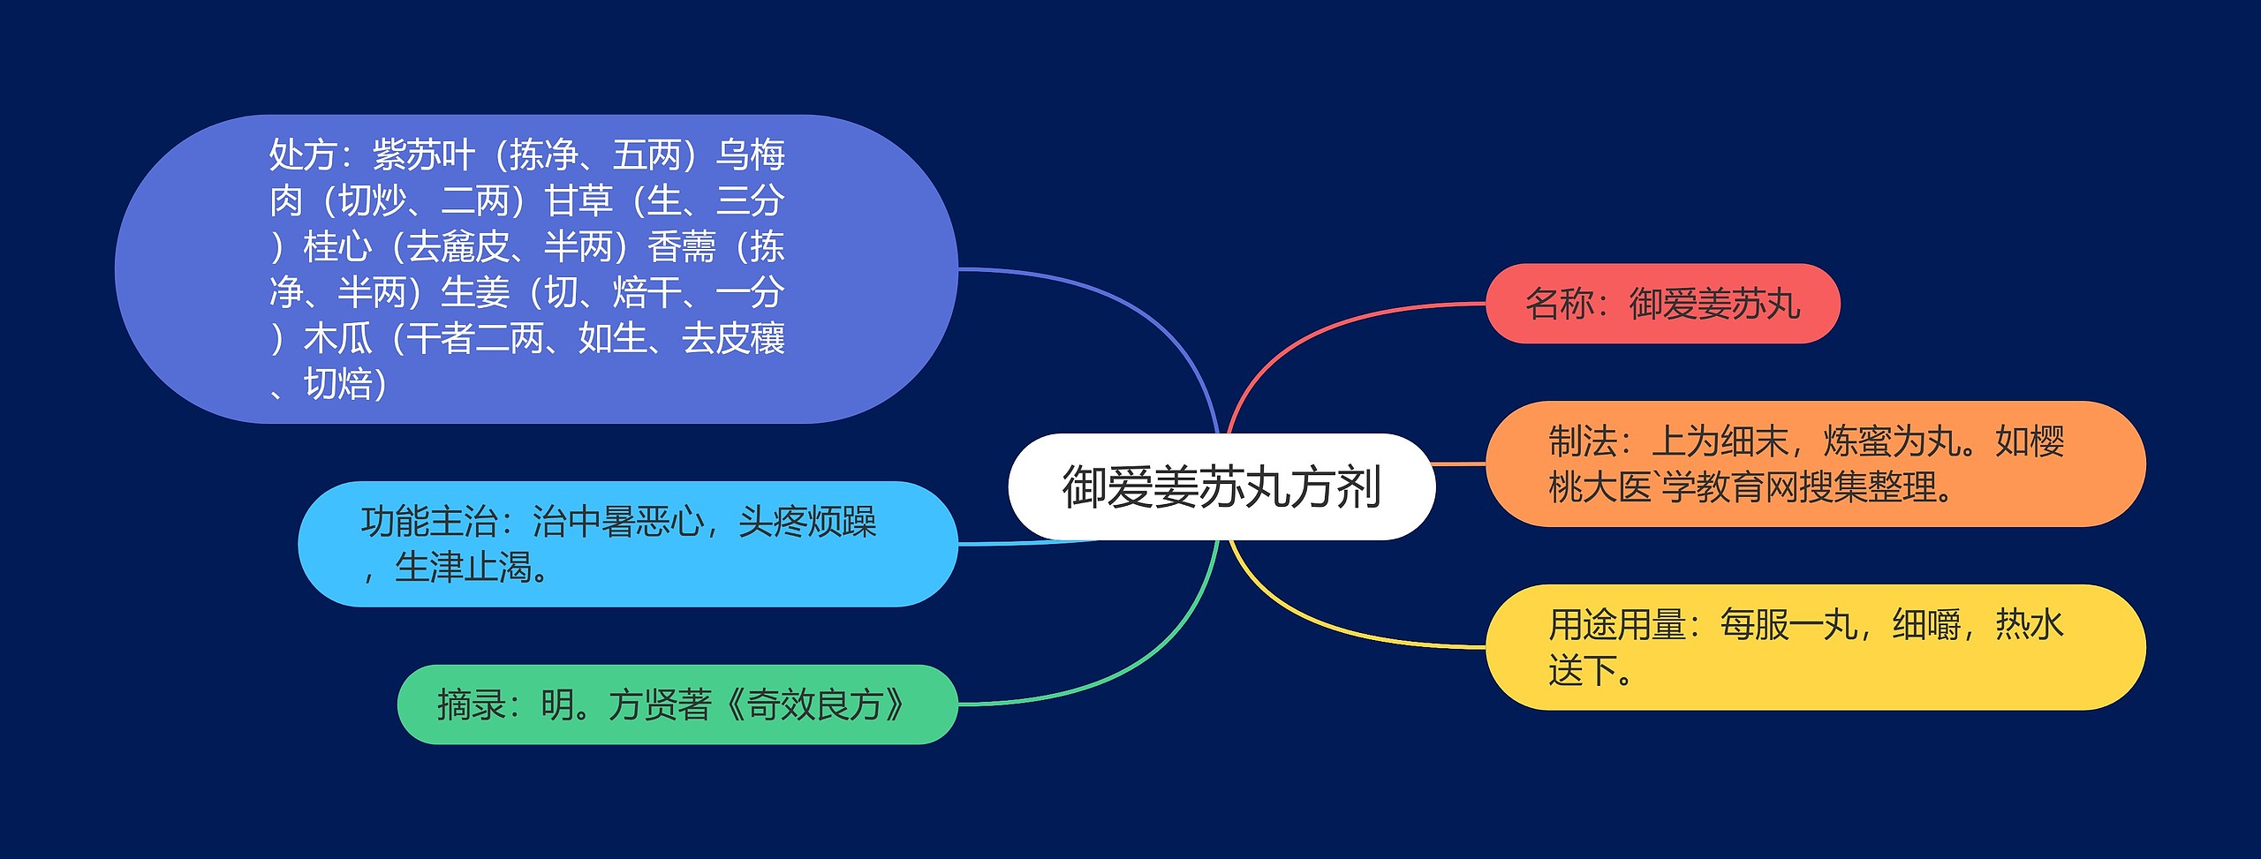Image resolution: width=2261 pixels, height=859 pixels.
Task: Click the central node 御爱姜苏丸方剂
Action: (1221, 486)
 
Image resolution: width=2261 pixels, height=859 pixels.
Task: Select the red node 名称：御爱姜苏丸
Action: (1662, 304)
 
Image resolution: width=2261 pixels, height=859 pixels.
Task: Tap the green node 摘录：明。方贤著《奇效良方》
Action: (677, 705)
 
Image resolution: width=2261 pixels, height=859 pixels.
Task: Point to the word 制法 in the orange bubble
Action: (1583, 441)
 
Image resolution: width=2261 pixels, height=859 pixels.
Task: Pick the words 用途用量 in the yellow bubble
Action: (1616, 625)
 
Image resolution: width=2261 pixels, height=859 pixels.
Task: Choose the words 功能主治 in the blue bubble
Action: (428, 522)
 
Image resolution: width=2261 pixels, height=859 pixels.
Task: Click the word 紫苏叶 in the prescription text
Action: (424, 155)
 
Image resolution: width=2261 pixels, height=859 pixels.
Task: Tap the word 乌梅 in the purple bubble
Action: (751, 155)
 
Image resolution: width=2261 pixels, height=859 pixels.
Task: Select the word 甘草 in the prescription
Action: (578, 201)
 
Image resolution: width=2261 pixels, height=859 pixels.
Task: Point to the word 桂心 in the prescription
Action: (337, 247)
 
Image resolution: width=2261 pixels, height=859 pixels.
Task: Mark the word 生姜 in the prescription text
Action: (475, 293)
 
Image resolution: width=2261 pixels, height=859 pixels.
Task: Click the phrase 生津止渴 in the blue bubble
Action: (464, 568)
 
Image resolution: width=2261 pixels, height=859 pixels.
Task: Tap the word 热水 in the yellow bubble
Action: (2029, 625)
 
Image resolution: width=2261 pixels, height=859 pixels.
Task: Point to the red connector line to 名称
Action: (1325, 327)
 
